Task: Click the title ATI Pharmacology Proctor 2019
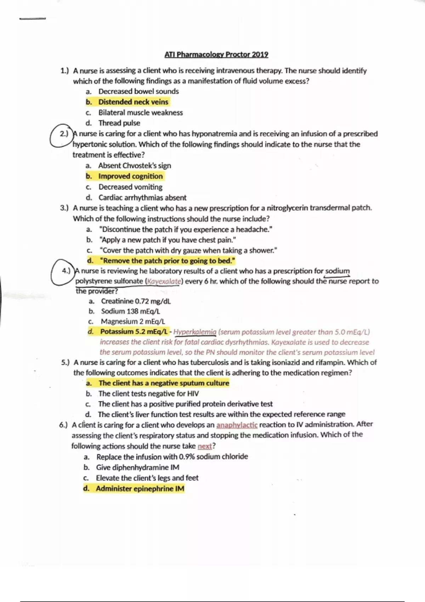click(216, 55)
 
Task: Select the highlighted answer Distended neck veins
click(133, 102)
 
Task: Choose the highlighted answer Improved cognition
click(130, 176)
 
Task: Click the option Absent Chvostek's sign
click(135, 166)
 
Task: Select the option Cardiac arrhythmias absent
click(142, 198)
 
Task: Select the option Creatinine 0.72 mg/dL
click(136, 301)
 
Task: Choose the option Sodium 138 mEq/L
click(130, 311)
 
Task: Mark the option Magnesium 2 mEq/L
click(133, 322)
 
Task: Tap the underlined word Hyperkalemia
click(195, 332)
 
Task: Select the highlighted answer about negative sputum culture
click(164, 383)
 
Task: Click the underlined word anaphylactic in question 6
click(237, 425)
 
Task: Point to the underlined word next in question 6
click(205, 446)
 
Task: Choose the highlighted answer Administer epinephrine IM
click(140, 489)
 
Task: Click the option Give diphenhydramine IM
click(137, 467)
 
